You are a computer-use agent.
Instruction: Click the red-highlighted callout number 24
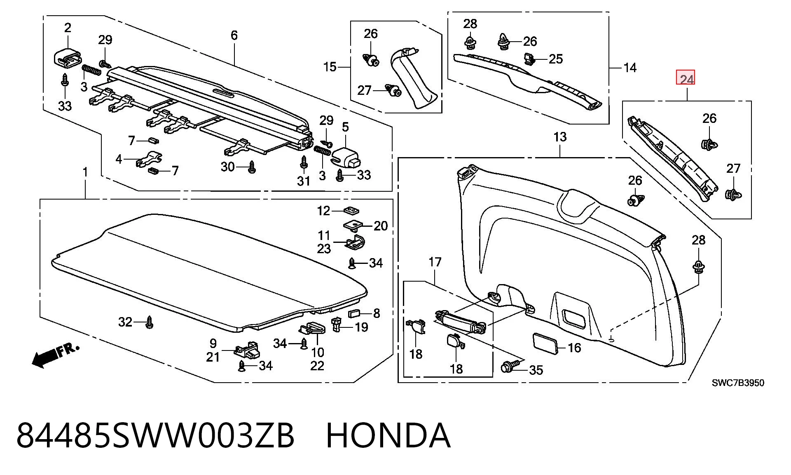[x=686, y=78]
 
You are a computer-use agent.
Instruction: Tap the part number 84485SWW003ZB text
[x=155, y=435]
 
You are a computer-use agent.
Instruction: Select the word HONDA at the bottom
[x=388, y=435]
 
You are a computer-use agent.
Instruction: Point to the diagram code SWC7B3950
[x=738, y=383]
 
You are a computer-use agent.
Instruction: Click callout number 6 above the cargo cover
[x=234, y=35]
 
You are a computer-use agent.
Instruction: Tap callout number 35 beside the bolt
[x=536, y=370]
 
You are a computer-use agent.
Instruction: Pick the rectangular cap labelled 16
[x=546, y=343]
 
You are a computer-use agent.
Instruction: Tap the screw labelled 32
[x=150, y=322]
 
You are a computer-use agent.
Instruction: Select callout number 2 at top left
[x=68, y=28]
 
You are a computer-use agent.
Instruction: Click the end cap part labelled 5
[x=345, y=157]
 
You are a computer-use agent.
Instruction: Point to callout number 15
[x=330, y=67]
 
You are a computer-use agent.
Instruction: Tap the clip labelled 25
[x=529, y=59]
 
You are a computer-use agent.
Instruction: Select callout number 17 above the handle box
[x=435, y=262]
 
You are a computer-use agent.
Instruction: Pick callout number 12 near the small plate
[x=323, y=211]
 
